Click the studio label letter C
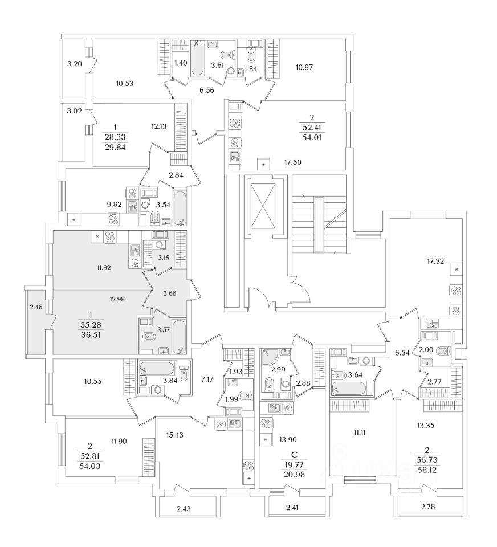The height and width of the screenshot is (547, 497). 294,454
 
